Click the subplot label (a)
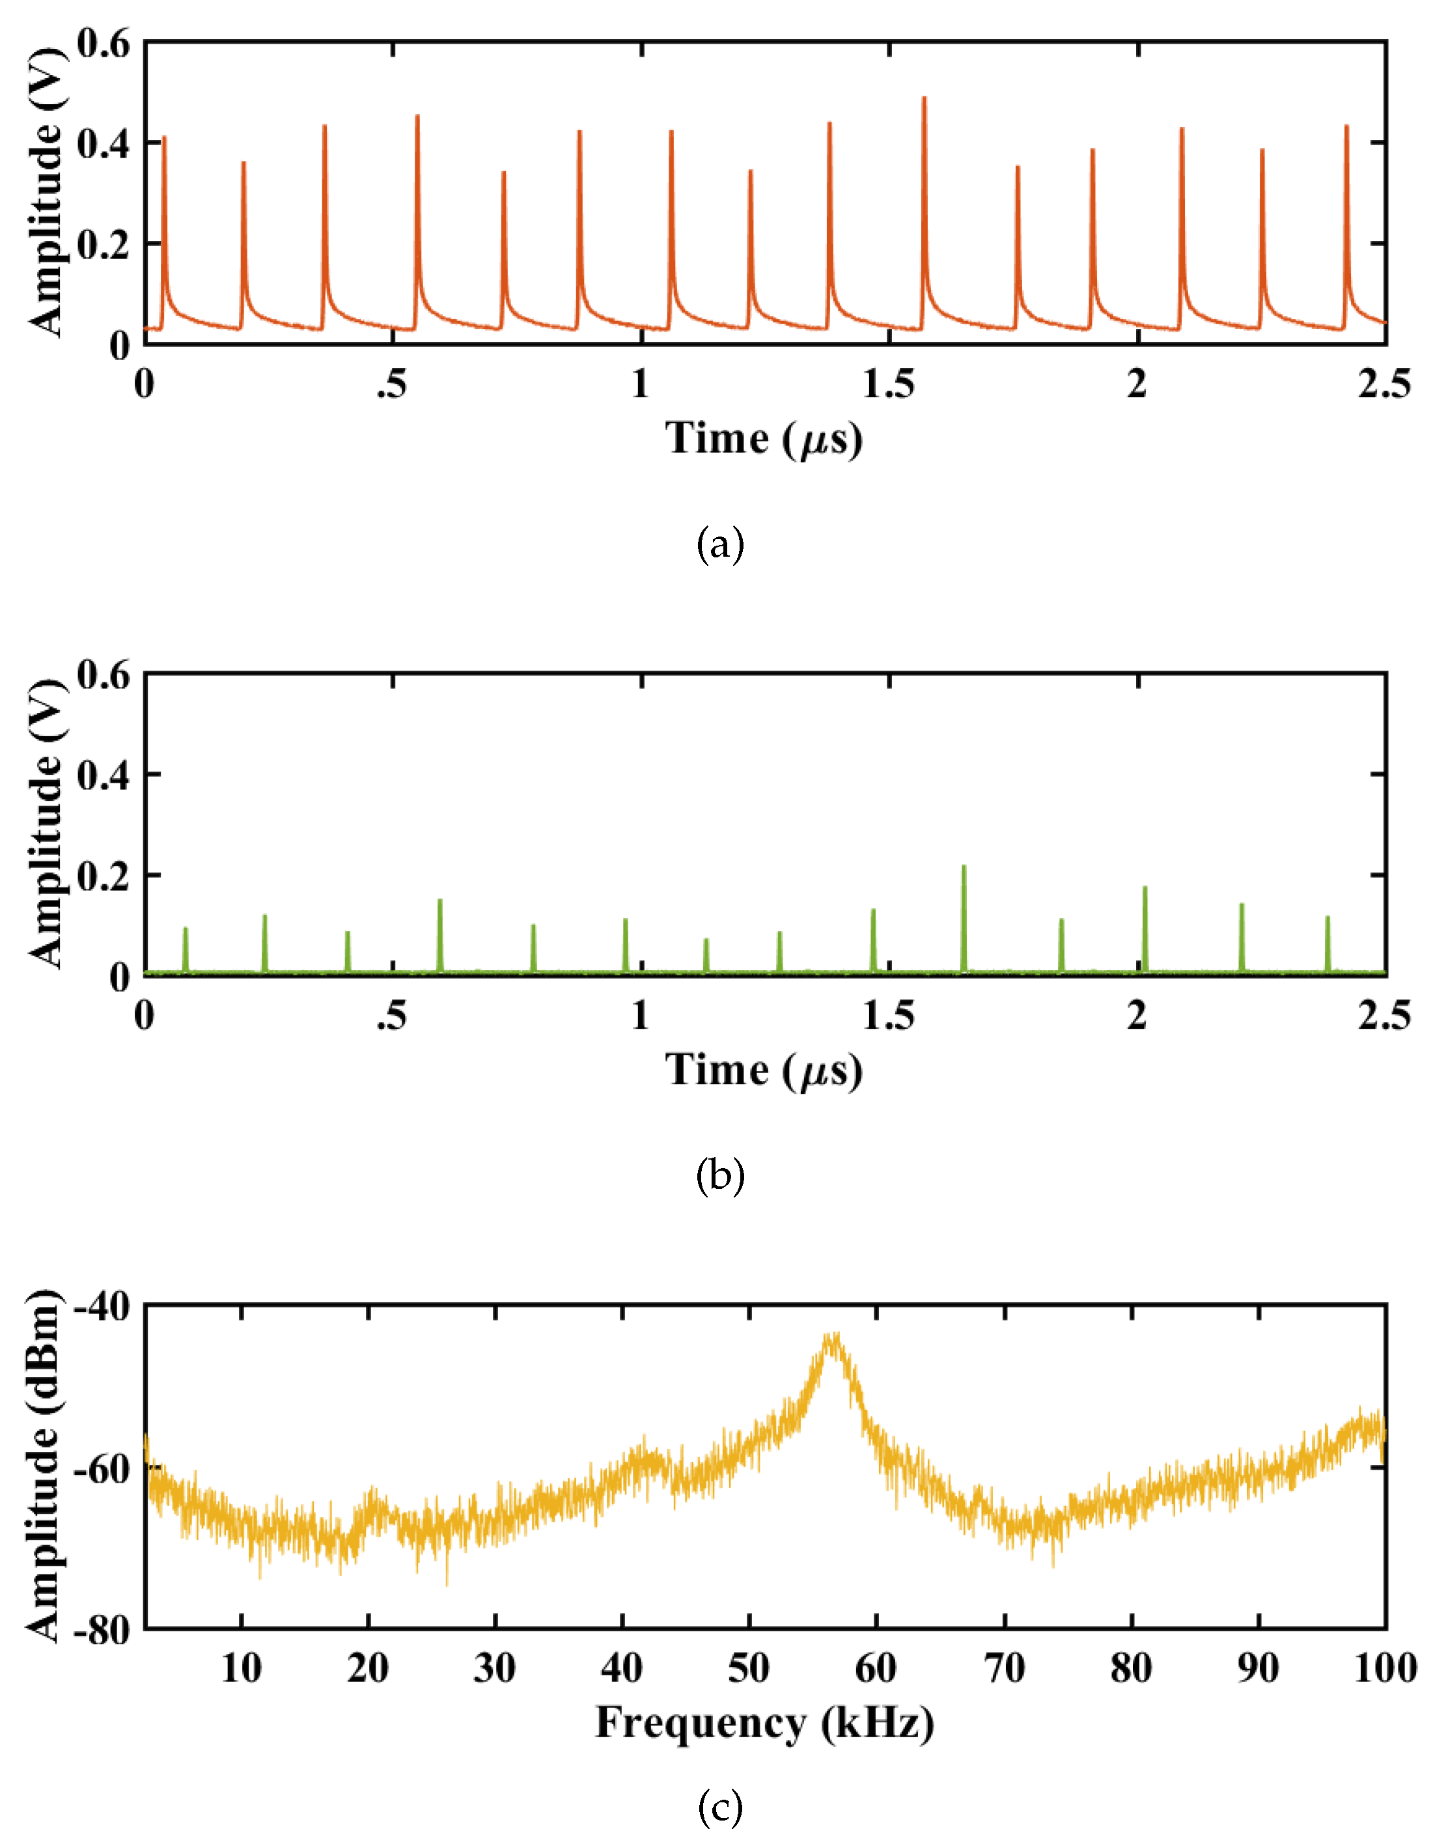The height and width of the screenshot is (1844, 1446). [721, 544]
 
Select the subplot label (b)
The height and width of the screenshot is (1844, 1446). [721, 1176]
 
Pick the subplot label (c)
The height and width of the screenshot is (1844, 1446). [721, 1808]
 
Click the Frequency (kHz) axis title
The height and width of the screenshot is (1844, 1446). [764, 1723]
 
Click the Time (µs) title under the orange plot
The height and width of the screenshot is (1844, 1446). [764, 439]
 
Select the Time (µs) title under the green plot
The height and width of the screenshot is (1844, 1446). [764, 1070]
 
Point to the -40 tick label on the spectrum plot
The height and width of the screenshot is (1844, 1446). [102, 1308]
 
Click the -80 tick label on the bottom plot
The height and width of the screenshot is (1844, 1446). [102, 1630]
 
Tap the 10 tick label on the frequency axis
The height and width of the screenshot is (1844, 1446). [242, 1669]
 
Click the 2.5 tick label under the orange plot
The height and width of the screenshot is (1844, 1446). [1385, 385]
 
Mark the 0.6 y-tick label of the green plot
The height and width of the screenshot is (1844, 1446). [104, 676]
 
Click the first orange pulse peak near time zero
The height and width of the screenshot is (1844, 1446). [164, 138]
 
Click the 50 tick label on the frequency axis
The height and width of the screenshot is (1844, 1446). [749, 1669]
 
